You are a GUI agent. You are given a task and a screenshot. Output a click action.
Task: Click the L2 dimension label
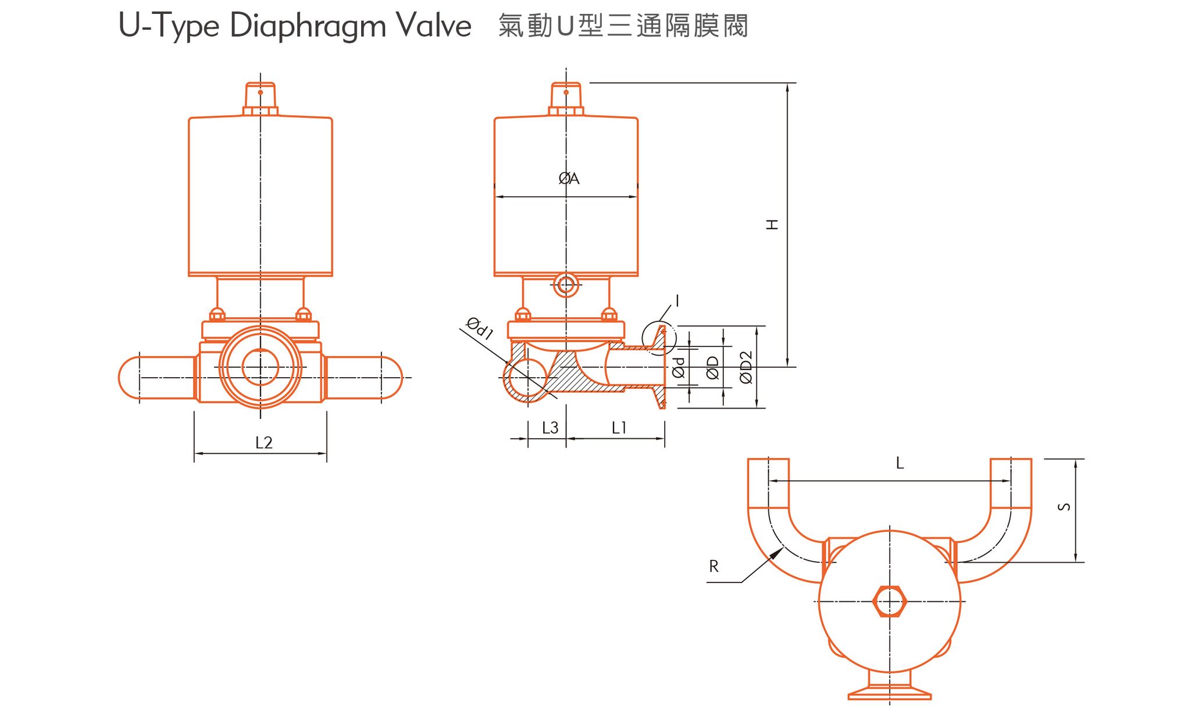[263, 443]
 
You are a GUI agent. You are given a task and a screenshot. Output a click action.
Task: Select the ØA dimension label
[569, 179]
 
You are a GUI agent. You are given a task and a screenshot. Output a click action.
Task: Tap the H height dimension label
[772, 225]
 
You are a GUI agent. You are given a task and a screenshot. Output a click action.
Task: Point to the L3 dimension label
[550, 428]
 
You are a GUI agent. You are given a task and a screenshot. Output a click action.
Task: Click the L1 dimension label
[619, 428]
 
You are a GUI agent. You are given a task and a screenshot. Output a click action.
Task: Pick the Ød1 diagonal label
[480, 328]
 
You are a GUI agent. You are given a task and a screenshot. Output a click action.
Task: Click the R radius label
[714, 566]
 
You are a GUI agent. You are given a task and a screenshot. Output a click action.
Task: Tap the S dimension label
[1064, 507]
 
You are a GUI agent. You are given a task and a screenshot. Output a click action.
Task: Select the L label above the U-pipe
[900, 463]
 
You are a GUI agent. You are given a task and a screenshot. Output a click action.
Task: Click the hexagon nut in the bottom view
[889, 601]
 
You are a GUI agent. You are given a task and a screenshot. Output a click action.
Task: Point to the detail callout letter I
[677, 300]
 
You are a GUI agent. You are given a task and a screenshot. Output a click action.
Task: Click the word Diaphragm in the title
[308, 26]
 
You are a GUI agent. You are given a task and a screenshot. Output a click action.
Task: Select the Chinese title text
[623, 26]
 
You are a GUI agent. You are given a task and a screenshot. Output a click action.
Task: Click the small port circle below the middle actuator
[566, 285]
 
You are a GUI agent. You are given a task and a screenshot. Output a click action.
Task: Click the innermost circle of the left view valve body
[260, 367]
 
